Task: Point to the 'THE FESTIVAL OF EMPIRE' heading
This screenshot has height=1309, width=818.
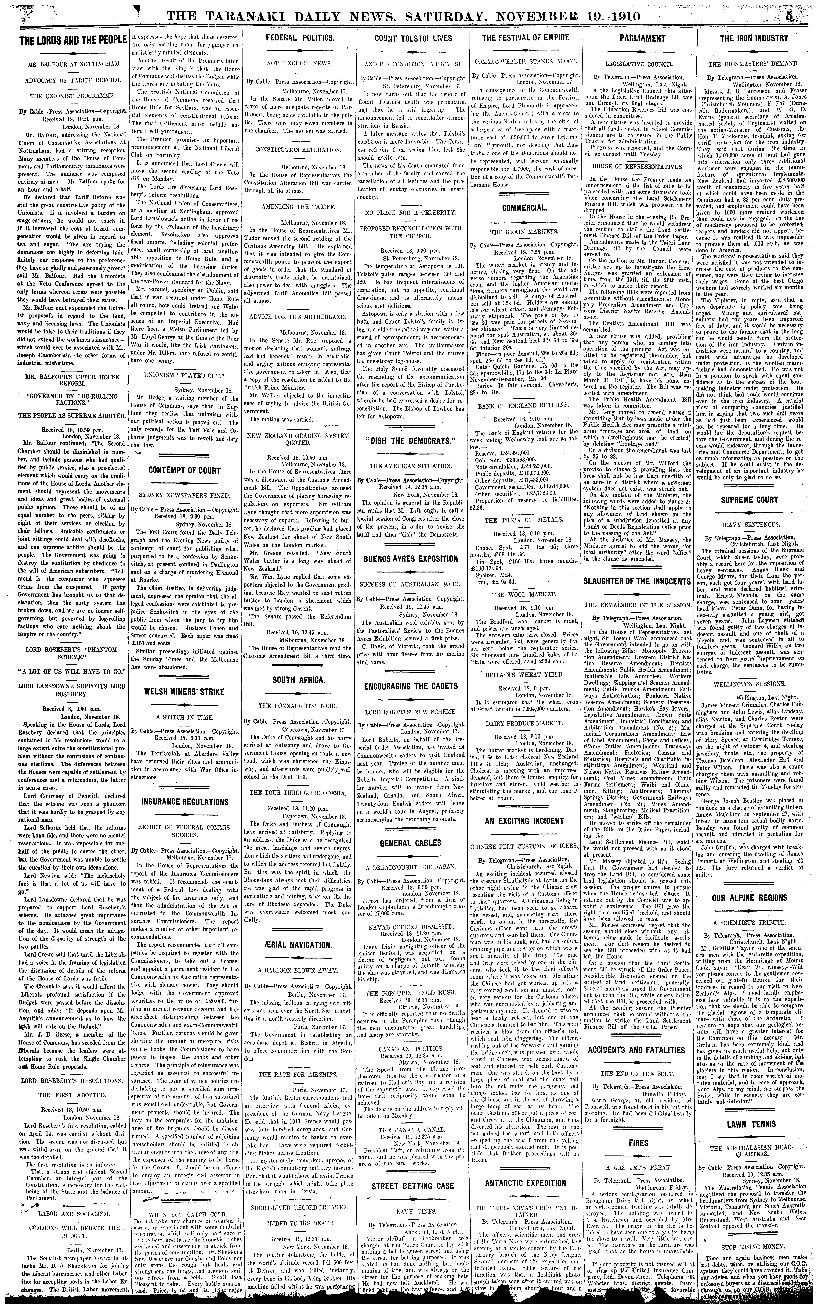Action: tap(518, 38)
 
